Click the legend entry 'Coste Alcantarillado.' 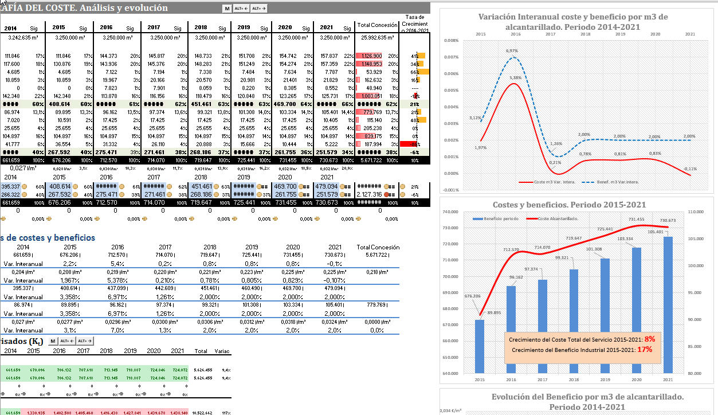click(x=558, y=218)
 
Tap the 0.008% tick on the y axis click(x=451, y=41)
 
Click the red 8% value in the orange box click(x=649, y=339)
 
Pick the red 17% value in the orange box click(x=647, y=349)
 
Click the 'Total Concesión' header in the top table click(x=377, y=25)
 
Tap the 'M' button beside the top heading click(x=227, y=9)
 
